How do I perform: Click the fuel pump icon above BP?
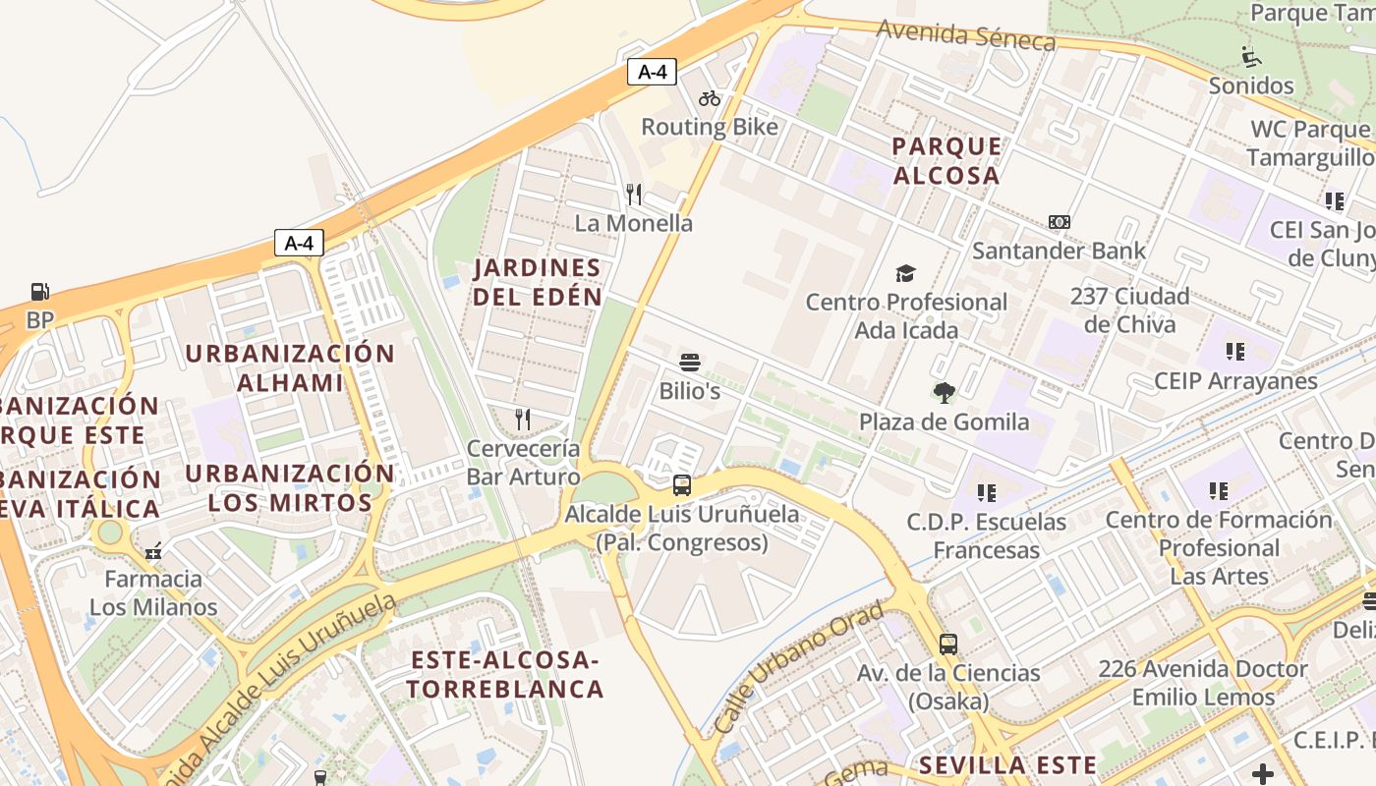point(39,292)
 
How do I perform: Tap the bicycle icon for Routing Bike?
point(710,98)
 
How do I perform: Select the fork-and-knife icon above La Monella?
point(634,194)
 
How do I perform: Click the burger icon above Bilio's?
point(690,363)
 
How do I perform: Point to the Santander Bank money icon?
point(1059,222)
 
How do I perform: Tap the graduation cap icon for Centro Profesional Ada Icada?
point(905,273)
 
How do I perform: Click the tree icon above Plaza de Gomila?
point(944,393)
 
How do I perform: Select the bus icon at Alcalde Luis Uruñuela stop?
point(681,484)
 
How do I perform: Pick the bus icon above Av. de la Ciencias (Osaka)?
point(948,645)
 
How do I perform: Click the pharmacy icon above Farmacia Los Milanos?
point(153,551)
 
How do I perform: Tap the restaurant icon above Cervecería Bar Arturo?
point(523,420)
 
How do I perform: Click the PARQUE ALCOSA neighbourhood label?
point(946,161)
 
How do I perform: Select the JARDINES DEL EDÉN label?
point(537,281)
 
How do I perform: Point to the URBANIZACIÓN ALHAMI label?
point(290,367)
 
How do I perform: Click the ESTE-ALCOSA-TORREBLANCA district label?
point(505,674)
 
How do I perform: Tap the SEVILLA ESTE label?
point(1007,765)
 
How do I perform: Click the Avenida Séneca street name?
point(966,35)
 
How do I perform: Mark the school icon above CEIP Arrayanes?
point(1235,351)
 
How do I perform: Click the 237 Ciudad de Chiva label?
point(1128,309)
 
